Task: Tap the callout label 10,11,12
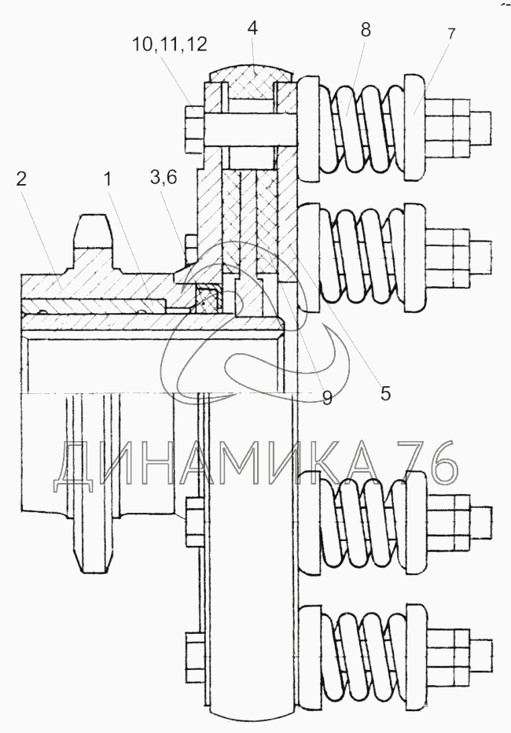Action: click(x=170, y=44)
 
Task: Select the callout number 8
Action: click(x=365, y=31)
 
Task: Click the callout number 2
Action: click(x=21, y=178)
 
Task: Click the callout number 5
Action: click(x=384, y=392)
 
